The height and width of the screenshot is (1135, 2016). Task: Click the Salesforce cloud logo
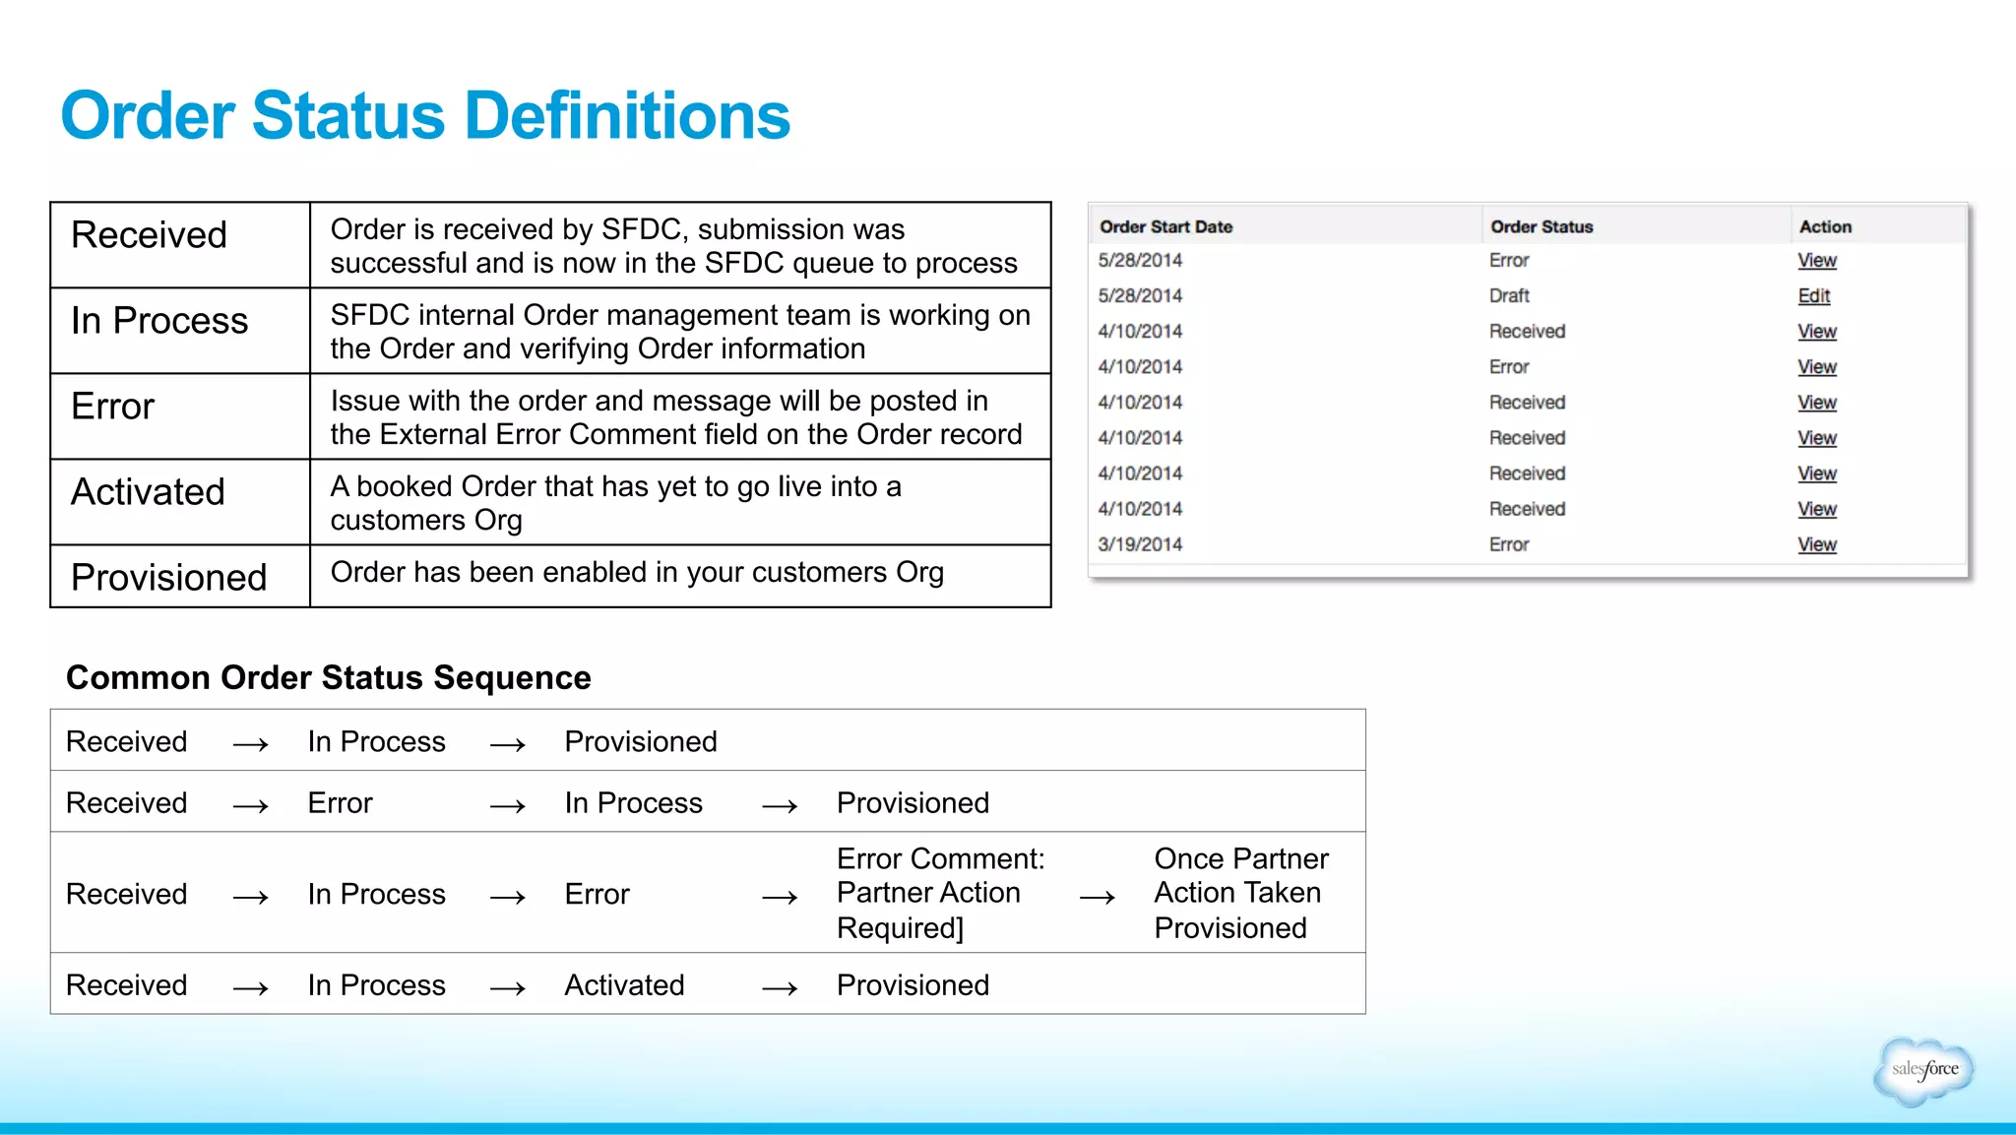[1923, 1070]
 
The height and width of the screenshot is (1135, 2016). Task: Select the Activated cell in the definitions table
[149, 492]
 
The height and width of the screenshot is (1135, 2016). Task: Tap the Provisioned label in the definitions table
[169, 578]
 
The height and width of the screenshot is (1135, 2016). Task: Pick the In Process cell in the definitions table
[159, 321]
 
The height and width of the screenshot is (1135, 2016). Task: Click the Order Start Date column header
[1165, 227]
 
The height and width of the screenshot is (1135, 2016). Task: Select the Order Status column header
[1542, 227]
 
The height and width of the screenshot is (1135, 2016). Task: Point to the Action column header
[1825, 227]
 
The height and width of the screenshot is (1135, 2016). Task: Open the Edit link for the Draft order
[1813, 296]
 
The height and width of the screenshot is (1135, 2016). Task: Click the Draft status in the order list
[1509, 296]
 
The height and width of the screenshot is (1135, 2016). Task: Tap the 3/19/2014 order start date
[1140, 544]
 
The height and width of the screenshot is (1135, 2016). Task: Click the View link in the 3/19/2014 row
[1816, 544]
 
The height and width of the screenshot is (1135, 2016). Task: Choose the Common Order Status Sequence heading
[328, 678]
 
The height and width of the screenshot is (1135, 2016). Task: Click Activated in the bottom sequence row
[624, 985]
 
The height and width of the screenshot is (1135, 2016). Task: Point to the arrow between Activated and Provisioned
[780, 987]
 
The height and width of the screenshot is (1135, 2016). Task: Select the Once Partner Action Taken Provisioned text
[1240, 893]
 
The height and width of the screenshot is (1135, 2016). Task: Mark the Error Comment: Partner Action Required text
[940, 893]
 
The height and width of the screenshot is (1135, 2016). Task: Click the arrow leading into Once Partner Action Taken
[1097, 897]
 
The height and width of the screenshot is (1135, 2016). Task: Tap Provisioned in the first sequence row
[641, 742]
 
